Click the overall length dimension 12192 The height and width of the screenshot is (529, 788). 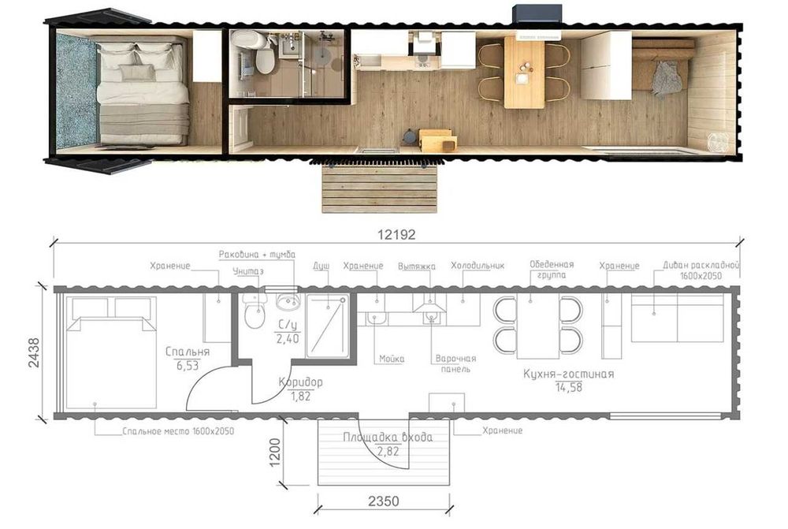396,234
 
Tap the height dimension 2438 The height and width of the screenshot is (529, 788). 34,352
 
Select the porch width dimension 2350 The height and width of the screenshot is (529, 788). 384,501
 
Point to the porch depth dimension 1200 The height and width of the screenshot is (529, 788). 274,453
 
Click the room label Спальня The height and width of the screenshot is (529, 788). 188,352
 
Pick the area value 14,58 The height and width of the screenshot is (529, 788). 569,386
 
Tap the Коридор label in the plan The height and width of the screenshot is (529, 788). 300,382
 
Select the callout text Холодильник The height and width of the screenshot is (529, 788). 478,266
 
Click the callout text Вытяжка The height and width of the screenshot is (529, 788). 417,266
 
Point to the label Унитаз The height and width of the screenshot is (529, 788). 247,271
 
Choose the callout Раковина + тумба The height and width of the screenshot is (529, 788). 257,255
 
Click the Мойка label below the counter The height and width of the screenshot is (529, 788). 392,359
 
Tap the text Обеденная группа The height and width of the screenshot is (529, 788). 552,270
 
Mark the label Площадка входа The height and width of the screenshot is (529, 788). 388,437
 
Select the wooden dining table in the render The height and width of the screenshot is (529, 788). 524,72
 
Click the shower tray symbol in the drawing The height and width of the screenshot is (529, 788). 327,326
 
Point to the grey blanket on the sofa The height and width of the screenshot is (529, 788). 667,78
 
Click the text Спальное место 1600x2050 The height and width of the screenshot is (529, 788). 178,431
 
